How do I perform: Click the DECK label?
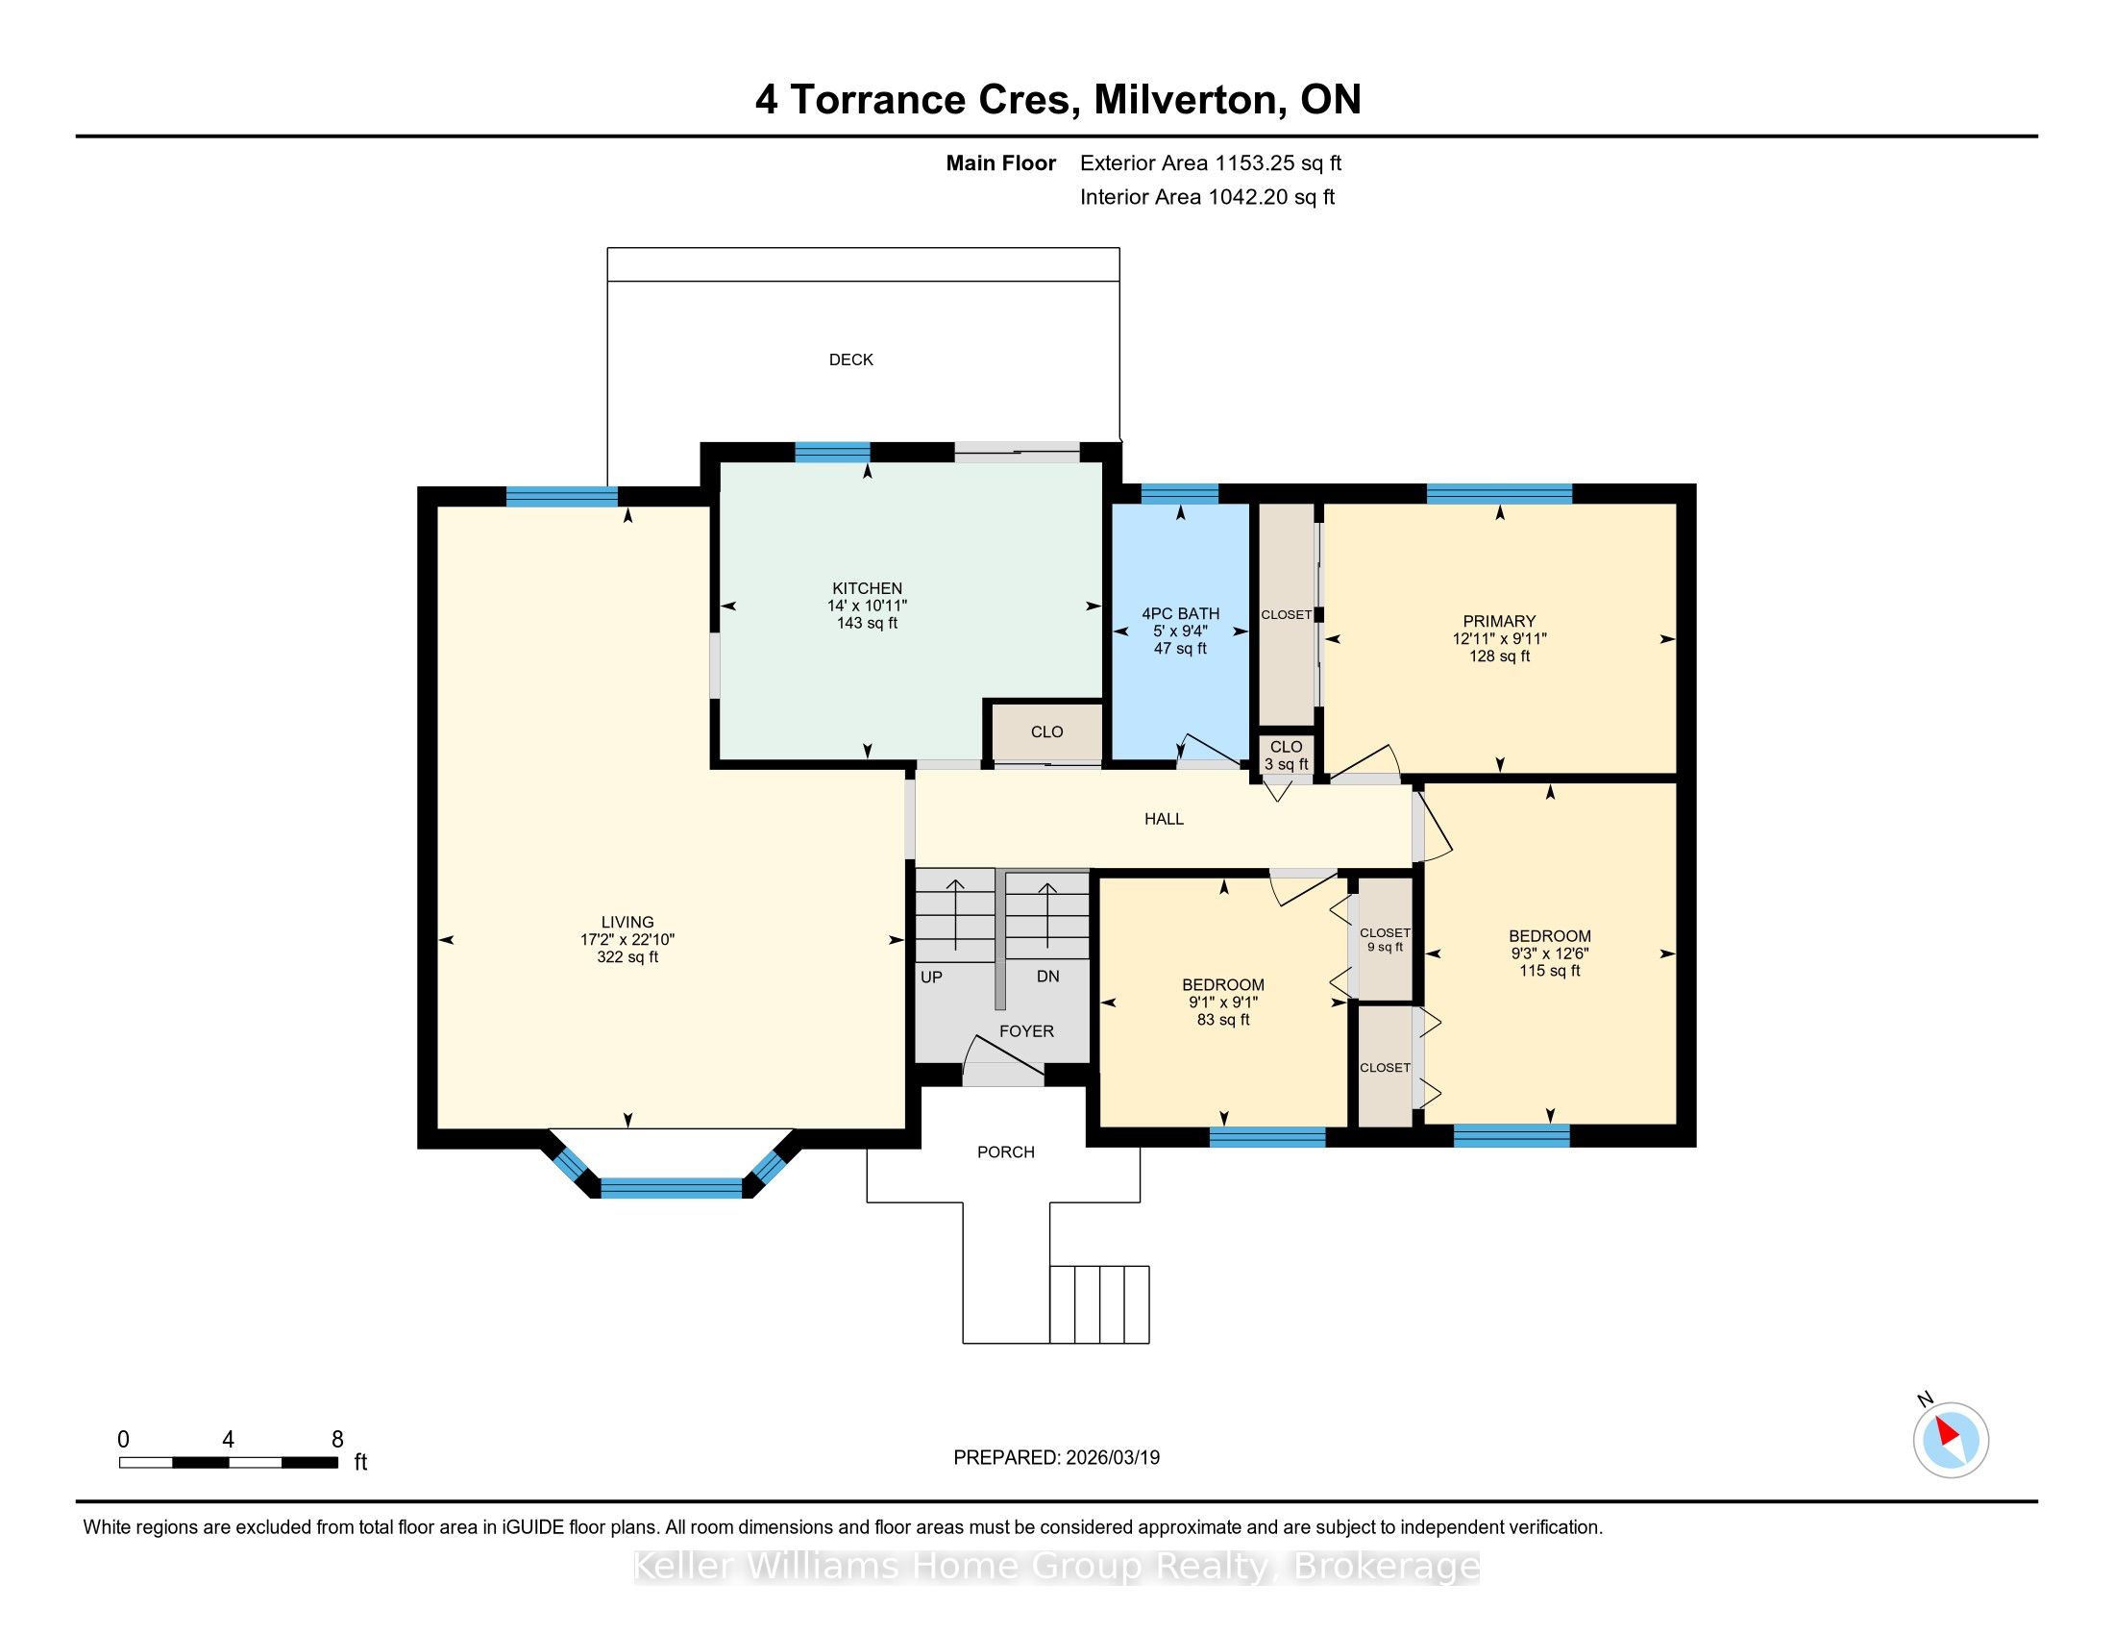tap(850, 360)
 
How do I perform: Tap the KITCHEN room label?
tap(868, 588)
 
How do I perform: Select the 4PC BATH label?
tap(1180, 614)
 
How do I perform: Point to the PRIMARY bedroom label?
tap(1499, 622)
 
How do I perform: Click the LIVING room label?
tap(627, 923)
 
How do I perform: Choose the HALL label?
tap(1164, 819)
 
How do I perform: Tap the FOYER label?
tap(1026, 1032)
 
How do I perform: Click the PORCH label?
tap(1006, 1151)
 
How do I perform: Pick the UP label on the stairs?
tap(931, 978)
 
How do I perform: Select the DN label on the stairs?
tap(1047, 977)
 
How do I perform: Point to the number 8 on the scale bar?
tap(337, 1440)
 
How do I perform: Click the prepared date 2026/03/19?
tap(1111, 1457)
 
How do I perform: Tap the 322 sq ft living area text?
tap(627, 957)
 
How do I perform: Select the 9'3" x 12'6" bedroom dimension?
tap(1550, 953)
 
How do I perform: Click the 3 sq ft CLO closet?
tap(1287, 755)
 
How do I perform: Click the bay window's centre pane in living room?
tap(671, 1188)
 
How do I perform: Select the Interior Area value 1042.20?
tap(1247, 197)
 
